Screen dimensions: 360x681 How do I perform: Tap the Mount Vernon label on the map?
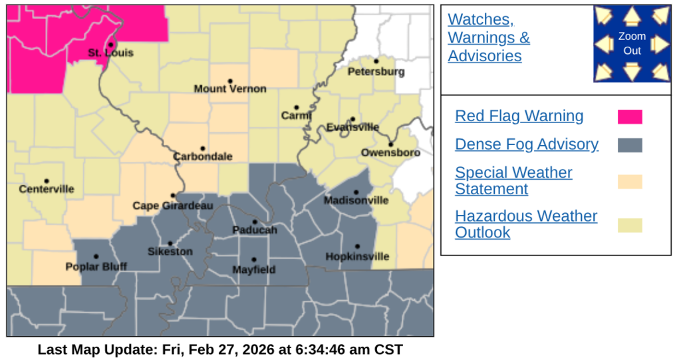pos(230,89)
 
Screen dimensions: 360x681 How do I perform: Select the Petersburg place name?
pos(376,72)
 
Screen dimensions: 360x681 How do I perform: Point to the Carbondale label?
pos(203,157)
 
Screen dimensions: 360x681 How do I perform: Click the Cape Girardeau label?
pos(173,206)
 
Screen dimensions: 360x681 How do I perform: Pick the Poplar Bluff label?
pos(96,267)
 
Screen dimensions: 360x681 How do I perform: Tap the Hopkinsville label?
pos(357,257)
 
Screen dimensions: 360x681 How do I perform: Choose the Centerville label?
pos(47,190)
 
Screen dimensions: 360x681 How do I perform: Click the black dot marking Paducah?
pos(254,222)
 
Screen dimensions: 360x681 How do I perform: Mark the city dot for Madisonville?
pos(356,192)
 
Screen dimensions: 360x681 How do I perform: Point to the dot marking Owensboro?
pos(391,144)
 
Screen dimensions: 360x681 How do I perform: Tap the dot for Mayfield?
pos(253,260)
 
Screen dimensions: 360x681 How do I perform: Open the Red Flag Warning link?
pos(519,116)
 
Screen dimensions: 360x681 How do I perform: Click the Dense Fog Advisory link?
pos(527,144)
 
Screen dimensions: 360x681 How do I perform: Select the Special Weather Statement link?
pos(513,180)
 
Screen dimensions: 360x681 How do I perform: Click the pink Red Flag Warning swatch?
pos(630,117)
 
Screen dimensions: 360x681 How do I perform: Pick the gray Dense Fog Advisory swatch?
pos(630,145)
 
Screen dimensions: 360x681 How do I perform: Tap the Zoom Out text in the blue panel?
pos(632,43)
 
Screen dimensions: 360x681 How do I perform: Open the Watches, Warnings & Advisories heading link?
pos(489,37)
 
